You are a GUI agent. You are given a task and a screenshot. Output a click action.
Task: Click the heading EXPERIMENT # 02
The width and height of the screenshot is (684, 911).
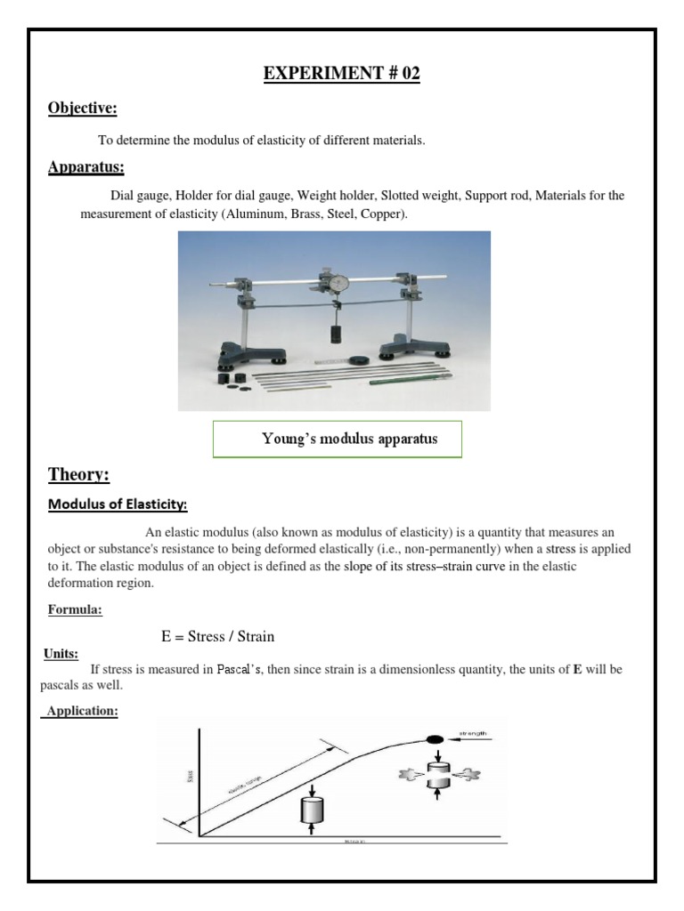(x=341, y=74)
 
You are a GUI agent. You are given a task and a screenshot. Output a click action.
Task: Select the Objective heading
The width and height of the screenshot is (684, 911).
(x=82, y=109)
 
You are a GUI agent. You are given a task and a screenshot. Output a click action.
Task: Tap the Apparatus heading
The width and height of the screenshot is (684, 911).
(x=85, y=166)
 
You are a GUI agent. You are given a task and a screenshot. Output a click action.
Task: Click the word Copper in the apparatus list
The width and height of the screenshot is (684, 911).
(x=380, y=214)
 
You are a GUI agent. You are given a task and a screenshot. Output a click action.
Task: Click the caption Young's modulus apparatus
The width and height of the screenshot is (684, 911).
(x=337, y=439)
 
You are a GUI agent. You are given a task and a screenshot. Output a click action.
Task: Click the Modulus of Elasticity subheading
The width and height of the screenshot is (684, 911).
(x=117, y=504)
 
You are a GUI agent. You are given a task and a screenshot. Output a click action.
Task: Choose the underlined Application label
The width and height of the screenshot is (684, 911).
(x=83, y=713)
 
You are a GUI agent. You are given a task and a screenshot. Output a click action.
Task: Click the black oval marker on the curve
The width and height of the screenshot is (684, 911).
(x=436, y=738)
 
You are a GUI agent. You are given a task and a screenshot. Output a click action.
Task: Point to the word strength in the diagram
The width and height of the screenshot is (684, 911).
(x=474, y=734)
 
